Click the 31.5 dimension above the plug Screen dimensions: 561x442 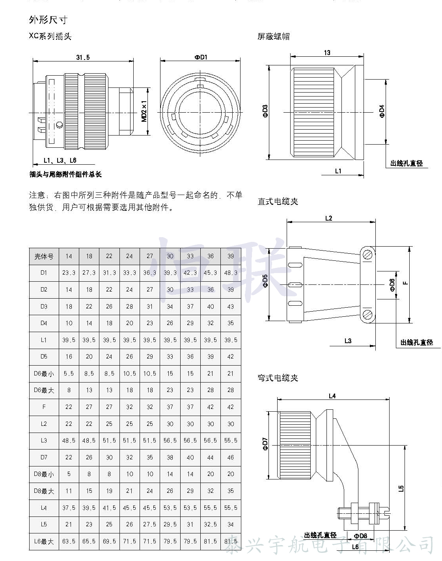click(x=83, y=58)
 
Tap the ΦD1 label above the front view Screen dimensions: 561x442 click(x=200, y=58)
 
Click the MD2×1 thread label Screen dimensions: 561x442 click(x=144, y=111)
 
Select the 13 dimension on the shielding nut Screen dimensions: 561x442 click(x=327, y=53)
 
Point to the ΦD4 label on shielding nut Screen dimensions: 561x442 click(x=381, y=112)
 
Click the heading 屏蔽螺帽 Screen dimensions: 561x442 click(x=274, y=37)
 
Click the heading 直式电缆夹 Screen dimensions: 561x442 click(x=278, y=202)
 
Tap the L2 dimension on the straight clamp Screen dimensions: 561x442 click(x=328, y=218)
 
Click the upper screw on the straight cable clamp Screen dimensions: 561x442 click(x=368, y=254)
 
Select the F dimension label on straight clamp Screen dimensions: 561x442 click(x=406, y=282)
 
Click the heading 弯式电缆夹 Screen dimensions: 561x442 click(x=278, y=378)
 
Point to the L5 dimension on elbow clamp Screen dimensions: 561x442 click(x=401, y=489)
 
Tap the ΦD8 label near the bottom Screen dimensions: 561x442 click(x=360, y=536)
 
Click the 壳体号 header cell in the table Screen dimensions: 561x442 click(x=44, y=256)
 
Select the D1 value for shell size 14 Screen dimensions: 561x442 click(x=69, y=273)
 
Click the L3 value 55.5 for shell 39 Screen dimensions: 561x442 click(x=231, y=440)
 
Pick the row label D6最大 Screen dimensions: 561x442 click(x=44, y=390)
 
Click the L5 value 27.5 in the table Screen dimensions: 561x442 click(x=149, y=524)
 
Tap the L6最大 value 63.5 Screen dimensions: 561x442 click(x=69, y=541)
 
